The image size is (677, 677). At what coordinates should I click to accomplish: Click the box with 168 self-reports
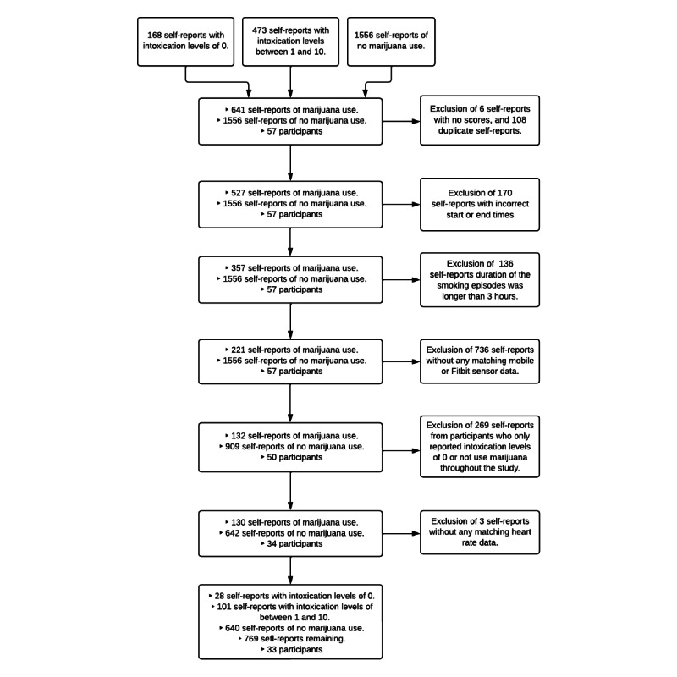coord(185,41)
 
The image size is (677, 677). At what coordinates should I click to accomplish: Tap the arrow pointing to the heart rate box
coord(401,533)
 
